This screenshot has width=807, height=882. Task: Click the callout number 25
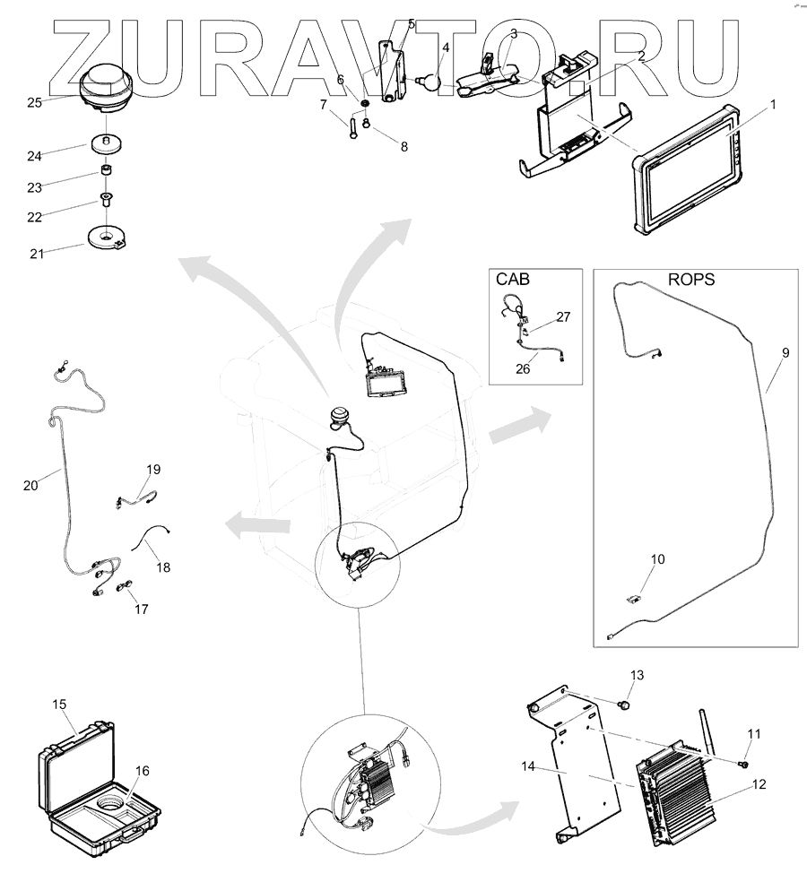pos(34,102)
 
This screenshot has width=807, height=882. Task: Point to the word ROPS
pos(691,279)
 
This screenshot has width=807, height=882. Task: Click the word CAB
pos(513,279)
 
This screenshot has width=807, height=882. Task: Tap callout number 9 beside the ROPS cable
pos(785,353)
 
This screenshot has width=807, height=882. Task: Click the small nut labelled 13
pos(626,705)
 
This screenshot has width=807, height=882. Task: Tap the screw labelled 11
pos(743,763)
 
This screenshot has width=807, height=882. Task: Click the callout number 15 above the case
pos(59,705)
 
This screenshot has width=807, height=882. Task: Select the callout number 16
pos(143,770)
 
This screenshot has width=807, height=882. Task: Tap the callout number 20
pos(31,485)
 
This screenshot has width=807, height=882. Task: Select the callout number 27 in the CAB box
pos(562,316)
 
